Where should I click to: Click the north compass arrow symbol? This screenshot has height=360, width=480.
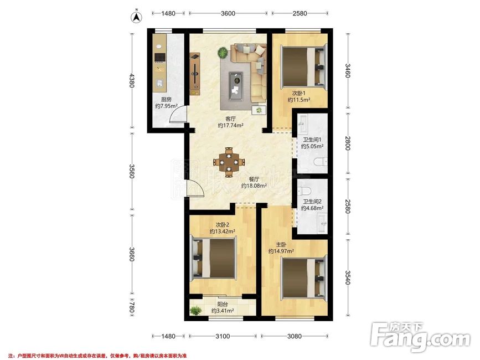point(136,17)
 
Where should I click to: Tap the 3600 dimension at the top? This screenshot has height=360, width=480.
point(228,13)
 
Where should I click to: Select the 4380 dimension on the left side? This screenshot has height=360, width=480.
point(131,80)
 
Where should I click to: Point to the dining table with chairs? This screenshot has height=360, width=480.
point(229,162)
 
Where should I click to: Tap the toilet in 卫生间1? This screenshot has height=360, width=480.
point(321,161)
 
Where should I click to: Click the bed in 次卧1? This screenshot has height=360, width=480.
point(304,66)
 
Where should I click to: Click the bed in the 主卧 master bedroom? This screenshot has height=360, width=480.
point(303,278)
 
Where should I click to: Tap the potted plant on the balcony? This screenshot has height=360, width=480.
point(195,311)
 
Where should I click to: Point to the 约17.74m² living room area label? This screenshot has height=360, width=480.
point(230,125)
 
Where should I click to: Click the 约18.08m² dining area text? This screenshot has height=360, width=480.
point(254,186)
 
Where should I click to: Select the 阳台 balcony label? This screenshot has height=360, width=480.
point(222,305)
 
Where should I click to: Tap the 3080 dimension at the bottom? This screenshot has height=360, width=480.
point(294,336)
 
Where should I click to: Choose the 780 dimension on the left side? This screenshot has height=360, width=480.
point(131,307)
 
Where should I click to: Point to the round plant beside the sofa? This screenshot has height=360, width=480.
point(223,53)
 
